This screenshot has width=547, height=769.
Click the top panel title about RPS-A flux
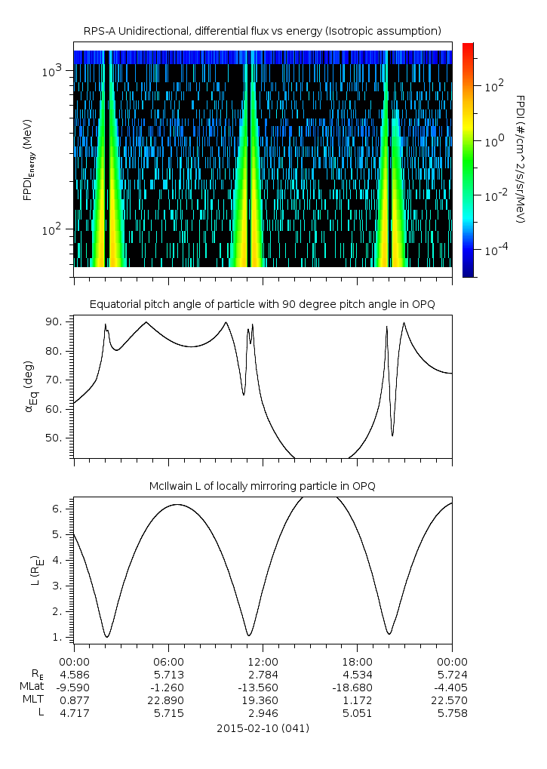coord(262,31)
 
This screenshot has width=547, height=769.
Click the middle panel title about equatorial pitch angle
coord(262,304)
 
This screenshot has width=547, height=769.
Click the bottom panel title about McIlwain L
coord(262,485)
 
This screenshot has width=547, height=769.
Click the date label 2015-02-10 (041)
coord(262,728)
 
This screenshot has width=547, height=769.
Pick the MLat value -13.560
coord(263,687)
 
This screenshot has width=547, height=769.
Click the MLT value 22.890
coord(168,700)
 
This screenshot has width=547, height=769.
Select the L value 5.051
coord(357,714)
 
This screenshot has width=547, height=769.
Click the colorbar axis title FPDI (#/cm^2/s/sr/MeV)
coord(520,158)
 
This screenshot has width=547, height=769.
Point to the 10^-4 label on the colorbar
coord(495,249)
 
